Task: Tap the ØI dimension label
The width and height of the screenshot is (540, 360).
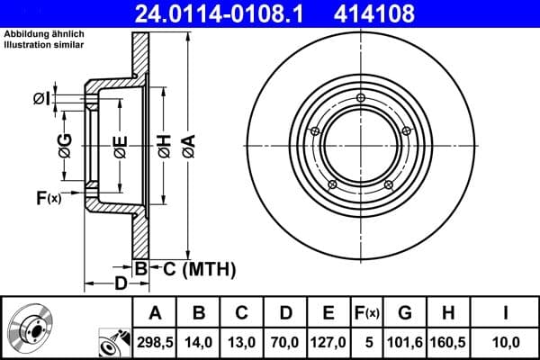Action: (41, 98)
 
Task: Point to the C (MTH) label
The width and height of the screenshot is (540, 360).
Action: (198, 268)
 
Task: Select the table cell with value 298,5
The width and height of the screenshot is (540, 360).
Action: (155, 342)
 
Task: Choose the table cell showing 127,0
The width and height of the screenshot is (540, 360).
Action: (328, 342)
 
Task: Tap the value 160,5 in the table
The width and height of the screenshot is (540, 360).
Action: (448, 342)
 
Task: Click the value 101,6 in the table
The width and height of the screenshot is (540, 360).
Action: (405, 342)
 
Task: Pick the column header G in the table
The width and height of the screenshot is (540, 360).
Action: (405, 313)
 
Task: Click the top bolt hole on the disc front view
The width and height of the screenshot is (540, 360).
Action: (361, 98)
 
